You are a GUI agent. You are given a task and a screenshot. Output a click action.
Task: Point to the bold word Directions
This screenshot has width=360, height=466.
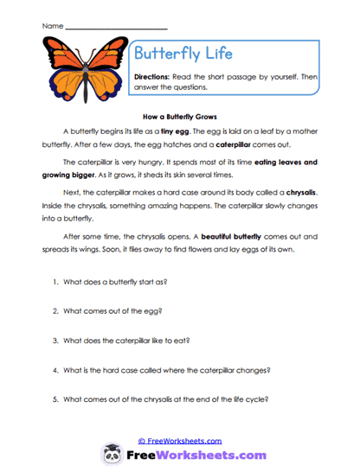tap(154, 77)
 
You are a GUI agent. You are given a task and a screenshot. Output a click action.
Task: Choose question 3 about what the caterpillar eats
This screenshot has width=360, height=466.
tap(136, 340)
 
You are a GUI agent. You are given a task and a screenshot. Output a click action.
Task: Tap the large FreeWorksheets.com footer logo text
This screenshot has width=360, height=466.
tap(195, 454)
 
